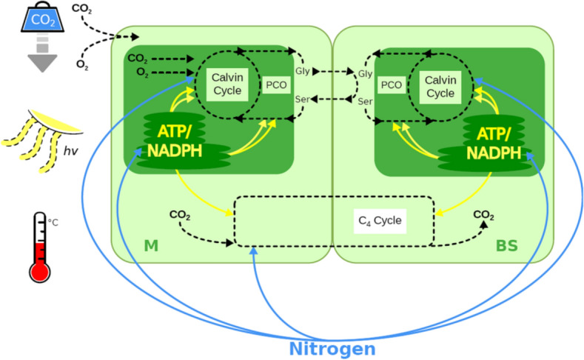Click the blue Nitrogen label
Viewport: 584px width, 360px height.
coord(332,348)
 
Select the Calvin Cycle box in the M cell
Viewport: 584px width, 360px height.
coord(224,84)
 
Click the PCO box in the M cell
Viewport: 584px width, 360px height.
coord(276,84)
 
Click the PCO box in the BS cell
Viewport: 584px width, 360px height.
coord(391,84)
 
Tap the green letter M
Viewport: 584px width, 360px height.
coord(151,245)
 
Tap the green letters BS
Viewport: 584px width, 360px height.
coord(507,245)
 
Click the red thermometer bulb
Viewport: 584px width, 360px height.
coord(40,270)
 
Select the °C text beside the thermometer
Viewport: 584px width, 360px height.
coord(53,221)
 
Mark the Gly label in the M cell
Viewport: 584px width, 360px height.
coord(301,71)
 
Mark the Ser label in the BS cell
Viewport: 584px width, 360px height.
coord(364,101)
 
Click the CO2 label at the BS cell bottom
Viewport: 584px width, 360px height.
coord(484,216)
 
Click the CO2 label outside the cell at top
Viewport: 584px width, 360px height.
coord(82,9)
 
